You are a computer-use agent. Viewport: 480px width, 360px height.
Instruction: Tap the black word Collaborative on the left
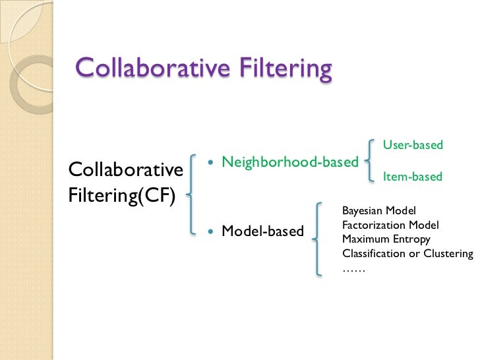(x=125, y=170)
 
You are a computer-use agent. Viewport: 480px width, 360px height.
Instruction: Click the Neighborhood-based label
(x=289, y=162)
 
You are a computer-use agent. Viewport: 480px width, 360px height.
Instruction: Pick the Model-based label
(x=262, y=231)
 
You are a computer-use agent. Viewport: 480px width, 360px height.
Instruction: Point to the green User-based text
(x=413, y=144)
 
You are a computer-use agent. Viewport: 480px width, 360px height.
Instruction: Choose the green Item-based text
(x=413, y=177)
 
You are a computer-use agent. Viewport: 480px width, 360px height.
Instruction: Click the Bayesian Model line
(x=378, y=211)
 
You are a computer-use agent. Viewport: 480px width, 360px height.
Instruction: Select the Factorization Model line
(x=390, y=225)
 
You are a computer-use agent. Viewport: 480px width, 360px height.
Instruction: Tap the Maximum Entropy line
(x=386, y=239)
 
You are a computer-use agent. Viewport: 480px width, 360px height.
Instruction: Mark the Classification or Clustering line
(x=407, y=254)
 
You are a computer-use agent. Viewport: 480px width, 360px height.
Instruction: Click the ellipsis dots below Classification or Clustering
(x=353, y=268)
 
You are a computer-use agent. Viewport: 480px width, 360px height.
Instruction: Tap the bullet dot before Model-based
(x=211, y=231)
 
